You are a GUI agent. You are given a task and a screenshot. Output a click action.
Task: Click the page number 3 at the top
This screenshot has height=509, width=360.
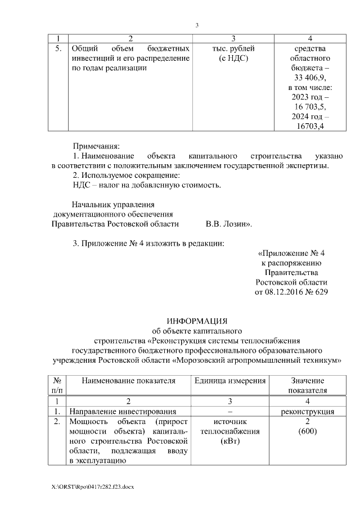[197, 25]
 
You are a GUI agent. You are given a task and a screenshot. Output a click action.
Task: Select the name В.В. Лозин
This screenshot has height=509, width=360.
[228, 224]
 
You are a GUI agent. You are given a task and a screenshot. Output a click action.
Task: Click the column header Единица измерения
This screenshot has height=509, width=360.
[230, 381]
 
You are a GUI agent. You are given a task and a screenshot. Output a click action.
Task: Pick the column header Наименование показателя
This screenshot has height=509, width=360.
[128, 381]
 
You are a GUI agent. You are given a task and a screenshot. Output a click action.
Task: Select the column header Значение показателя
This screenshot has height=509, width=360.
[307, 385]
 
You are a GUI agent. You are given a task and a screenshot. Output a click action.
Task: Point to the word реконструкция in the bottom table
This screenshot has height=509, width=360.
[307, 411]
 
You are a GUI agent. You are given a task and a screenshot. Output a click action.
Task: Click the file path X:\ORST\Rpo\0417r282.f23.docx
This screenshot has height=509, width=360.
[93, 485]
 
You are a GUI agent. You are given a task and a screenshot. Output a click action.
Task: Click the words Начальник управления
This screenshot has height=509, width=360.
[112, 204]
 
